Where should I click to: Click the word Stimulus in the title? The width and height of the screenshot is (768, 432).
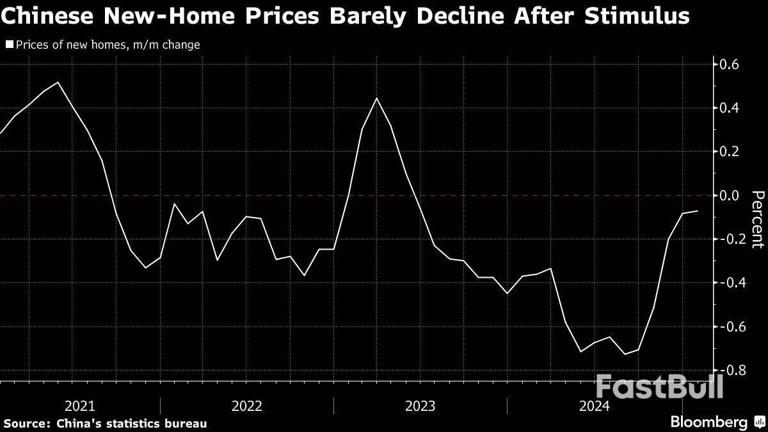click(637, 16)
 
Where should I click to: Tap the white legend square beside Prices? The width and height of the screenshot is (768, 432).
click(9, 45)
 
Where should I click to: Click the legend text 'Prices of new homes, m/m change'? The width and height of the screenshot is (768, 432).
click(107, 45)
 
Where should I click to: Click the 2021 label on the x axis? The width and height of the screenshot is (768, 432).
click(80, 406)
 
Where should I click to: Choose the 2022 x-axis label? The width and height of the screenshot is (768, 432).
click(247, 406)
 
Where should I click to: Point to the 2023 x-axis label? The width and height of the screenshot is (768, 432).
click(420, 406)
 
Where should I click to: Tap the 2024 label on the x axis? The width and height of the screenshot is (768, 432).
click(594, 406)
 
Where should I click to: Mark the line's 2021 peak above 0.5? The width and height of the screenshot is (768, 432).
click(59, 83)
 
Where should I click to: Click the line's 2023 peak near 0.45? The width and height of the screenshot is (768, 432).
click(376, 98)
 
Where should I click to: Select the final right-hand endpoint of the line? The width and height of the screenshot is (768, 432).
click(698, 211)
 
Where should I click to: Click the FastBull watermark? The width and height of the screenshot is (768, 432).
click(659, 387)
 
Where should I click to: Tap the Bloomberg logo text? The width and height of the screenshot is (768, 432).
click(708, 422)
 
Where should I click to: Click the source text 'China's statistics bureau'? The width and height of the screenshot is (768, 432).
click(131, 423)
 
